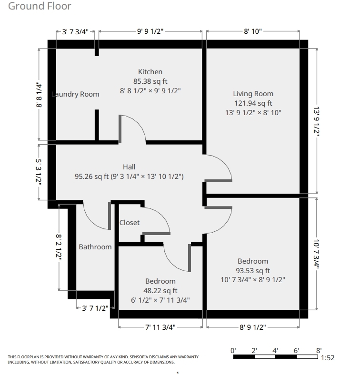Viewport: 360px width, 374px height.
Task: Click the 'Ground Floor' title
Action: tap(40, 6)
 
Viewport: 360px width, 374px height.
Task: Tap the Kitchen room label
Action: tap(150, 72)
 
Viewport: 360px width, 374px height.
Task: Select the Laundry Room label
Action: tap(75, 94)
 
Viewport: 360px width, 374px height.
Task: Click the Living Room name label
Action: tap(253, 94)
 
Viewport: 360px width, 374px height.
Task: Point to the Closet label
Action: tap(130, 223)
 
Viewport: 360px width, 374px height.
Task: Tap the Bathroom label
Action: tap(95, 247)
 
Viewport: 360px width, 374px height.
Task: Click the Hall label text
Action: tap(129, 167)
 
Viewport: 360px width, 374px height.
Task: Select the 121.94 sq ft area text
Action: tap(253, 103)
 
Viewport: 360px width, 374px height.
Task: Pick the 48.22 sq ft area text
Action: tap(160, 291)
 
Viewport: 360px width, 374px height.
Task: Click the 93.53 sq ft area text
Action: tap(253, 271)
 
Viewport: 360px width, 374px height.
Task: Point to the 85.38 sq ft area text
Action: tap(150, 81)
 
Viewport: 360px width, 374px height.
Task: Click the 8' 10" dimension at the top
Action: tap(253, 31)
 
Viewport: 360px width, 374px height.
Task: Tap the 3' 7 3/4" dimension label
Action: tap(75, 32)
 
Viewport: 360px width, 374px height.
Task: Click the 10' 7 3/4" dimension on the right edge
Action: tap(316, 255)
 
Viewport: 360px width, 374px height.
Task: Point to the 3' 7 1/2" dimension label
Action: tap(95, 308)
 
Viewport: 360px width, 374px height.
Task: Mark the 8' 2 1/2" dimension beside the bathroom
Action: tap(59, 248)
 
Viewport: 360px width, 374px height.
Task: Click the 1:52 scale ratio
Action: tap(328, 358)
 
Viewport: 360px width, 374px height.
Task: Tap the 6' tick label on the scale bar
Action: tap(296, 351)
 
